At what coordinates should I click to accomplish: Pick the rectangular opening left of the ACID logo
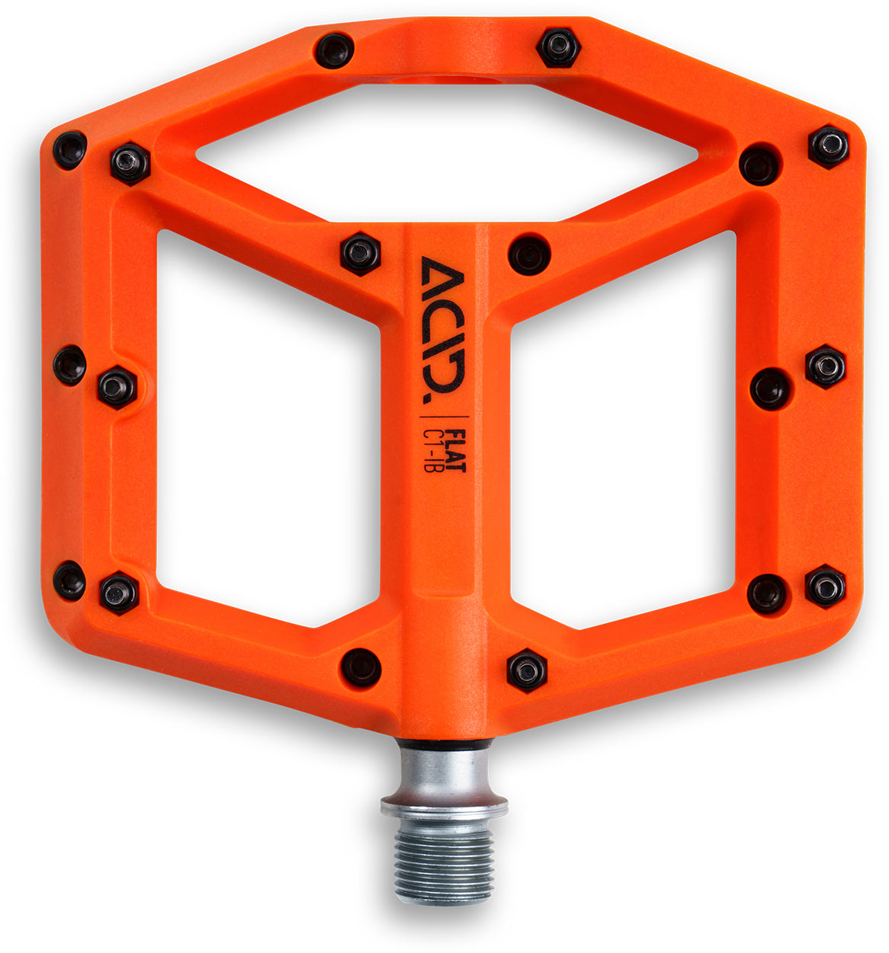click(267, 427)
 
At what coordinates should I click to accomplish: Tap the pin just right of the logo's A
click(529, 254)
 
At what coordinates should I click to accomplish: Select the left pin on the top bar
click(334, 51)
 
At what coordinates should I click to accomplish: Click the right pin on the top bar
click(559, 47)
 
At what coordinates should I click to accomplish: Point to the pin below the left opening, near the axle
click(361, 667)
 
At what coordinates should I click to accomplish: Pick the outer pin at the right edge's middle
click(826, 366)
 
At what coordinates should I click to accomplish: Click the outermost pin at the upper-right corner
click(829, 146)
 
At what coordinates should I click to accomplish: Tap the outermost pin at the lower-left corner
click(69, 580)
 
